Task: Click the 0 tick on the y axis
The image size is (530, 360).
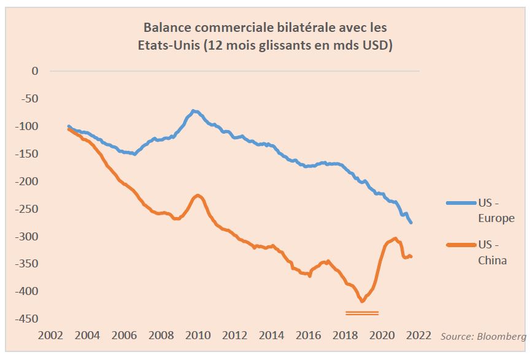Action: [34, 71]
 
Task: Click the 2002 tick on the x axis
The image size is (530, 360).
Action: [50, 335]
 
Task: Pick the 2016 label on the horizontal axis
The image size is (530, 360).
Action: [309, 335]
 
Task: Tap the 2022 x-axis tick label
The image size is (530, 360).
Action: [419, 335]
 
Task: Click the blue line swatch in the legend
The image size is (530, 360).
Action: [459, 202]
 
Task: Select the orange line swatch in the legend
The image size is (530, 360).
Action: [459, 245]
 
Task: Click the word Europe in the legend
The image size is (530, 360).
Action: [496, 218]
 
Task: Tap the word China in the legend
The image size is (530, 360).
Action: [492, 260]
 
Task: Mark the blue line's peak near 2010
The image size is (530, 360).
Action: [194, 111]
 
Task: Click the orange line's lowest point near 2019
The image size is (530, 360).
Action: [362, 301]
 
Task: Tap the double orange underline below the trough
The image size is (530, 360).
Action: [362, 313]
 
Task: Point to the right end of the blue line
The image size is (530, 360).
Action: [411, 223]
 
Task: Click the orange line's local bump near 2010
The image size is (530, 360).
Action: [198, 195]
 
